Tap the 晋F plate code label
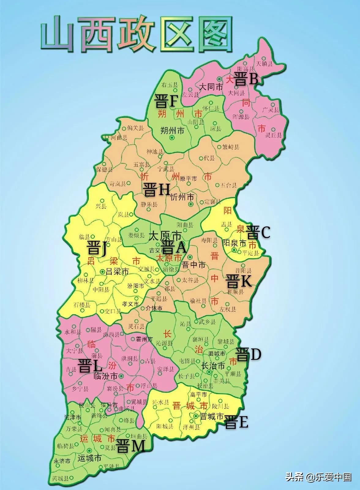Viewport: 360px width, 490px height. click(166, 101)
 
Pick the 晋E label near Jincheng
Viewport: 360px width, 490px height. click(236, 422)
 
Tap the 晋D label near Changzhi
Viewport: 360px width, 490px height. click(248, 354)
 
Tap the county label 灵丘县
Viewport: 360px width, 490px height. click(273, 135)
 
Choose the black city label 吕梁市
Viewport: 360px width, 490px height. click(117, 271)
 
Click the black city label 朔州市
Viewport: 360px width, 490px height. click(172, 131)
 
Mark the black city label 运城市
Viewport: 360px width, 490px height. click(89, 458)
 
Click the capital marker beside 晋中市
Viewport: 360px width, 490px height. click(190, 257)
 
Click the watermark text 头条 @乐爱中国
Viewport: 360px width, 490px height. click(318, 477)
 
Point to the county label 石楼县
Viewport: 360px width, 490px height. click(82, 305)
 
